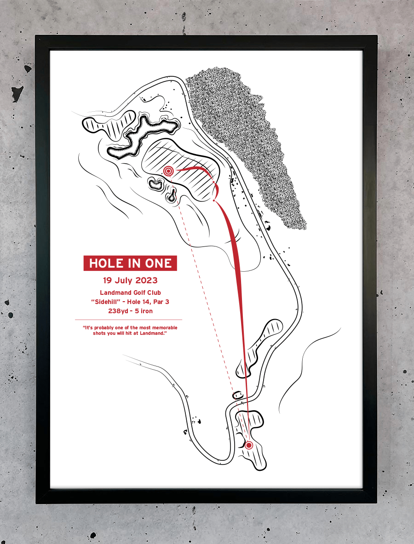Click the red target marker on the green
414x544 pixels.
(168, 171)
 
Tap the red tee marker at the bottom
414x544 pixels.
(249, 445)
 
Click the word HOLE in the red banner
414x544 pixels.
(106, 263)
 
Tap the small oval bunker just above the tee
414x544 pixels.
(238, 395)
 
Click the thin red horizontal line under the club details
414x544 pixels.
(128, 320)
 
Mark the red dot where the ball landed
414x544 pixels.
(214, 200)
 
